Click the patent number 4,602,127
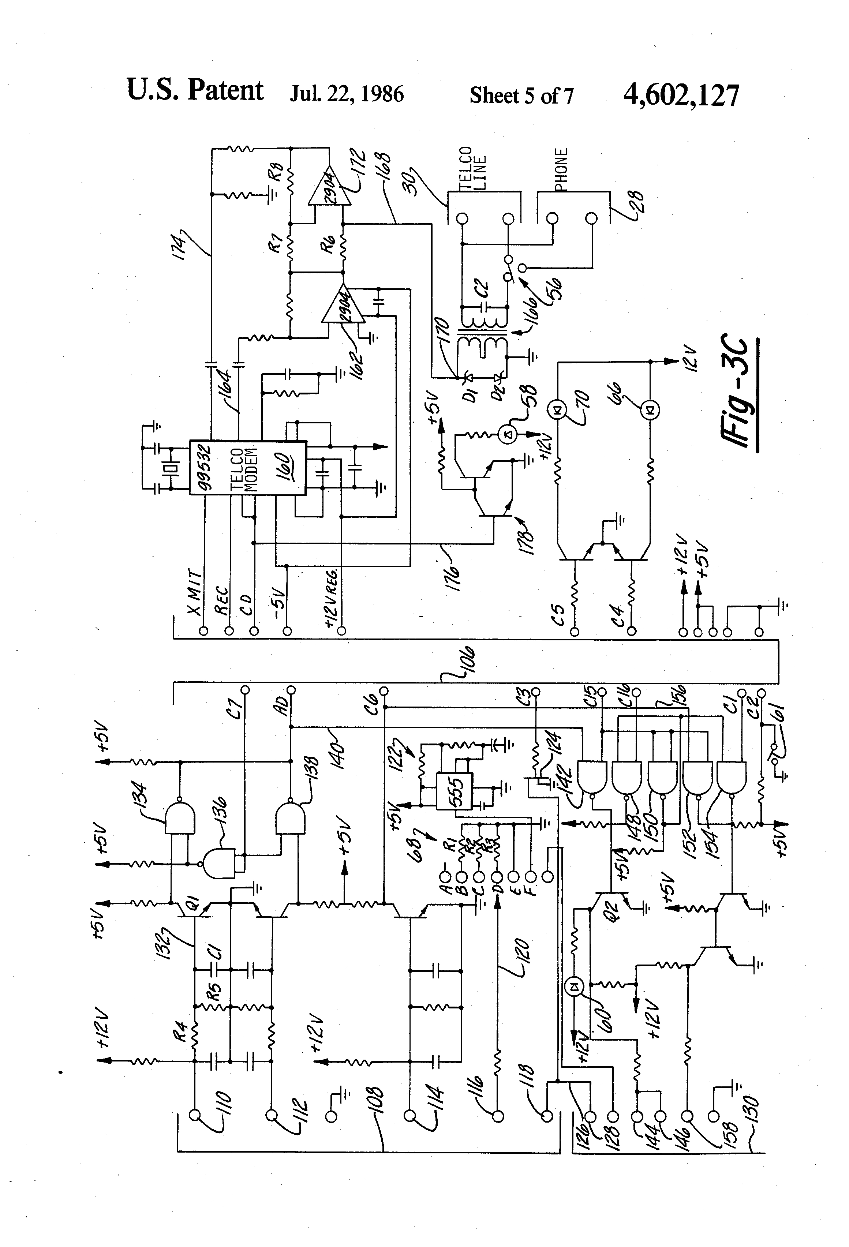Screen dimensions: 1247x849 click(681, 96)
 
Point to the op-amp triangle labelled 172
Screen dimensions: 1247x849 click(328, 187)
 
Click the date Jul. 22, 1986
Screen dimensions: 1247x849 click(346, 94)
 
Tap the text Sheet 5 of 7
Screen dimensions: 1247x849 click(521, 96)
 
